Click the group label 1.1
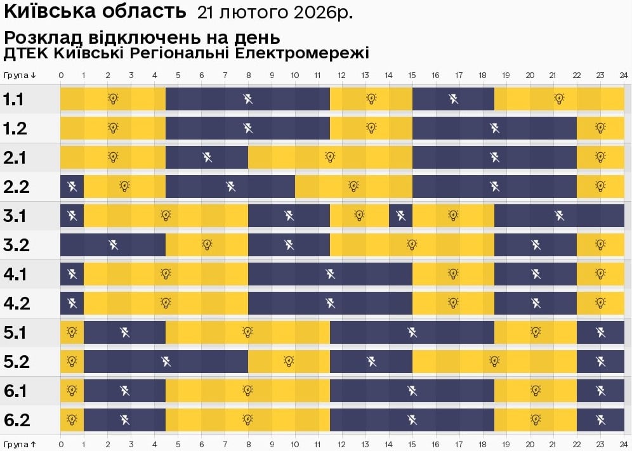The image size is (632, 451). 14,100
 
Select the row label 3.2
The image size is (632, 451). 15,245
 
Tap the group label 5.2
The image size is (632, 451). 15,362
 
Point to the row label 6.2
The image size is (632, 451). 15,420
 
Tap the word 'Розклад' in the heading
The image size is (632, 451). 39,37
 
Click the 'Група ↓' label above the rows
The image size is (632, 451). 19,75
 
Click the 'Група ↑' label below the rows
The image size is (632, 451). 19,445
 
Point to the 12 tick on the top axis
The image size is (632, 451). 342,75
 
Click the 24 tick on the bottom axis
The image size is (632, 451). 624,445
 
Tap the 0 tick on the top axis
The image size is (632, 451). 61,75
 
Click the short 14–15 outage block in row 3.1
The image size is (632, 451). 400,216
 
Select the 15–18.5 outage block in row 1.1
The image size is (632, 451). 453,99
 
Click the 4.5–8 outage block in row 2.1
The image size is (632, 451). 207,157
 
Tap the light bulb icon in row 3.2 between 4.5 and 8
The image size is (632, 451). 207,245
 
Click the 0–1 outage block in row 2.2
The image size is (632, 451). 72,186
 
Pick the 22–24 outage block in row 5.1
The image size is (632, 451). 600,332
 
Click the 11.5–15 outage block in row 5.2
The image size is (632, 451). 371,362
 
